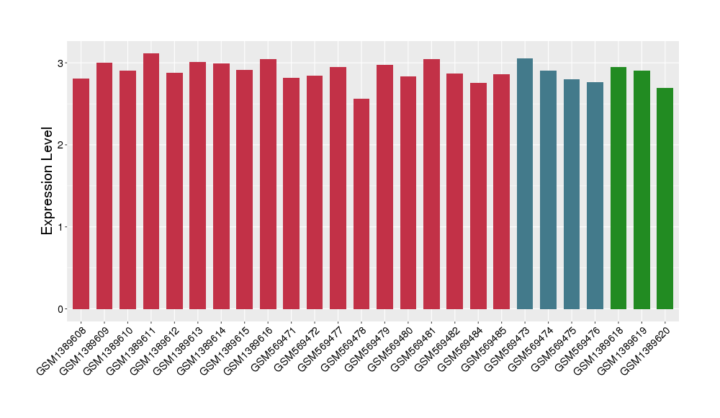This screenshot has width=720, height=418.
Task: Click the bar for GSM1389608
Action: [81, 195]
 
